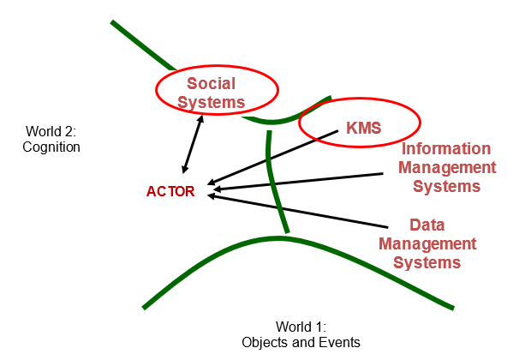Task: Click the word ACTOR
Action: [170, 191]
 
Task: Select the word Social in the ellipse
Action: [211, 83]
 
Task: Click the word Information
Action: [446, 148]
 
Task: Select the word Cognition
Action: [51, 147]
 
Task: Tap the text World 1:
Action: [301, 327]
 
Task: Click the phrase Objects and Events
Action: [301, 342]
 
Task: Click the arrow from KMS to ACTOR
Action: [274, 159]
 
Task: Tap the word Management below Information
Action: [448, 167]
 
